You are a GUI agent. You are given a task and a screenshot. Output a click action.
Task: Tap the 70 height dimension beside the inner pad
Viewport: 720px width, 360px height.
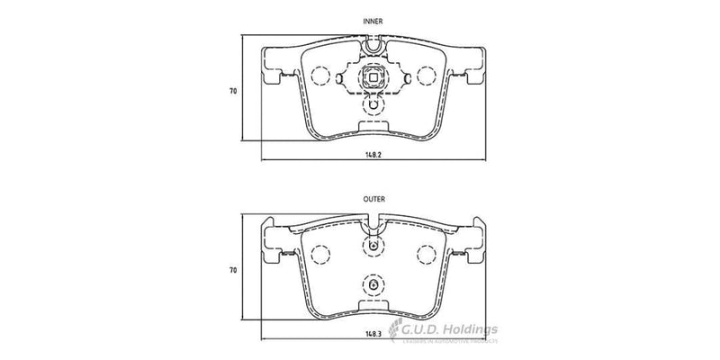click(232, 91)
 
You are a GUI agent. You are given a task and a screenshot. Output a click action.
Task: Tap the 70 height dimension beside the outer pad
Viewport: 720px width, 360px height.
click(232, 269)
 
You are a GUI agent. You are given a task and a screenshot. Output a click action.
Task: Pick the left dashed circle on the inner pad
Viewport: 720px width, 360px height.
click(319, 78)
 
